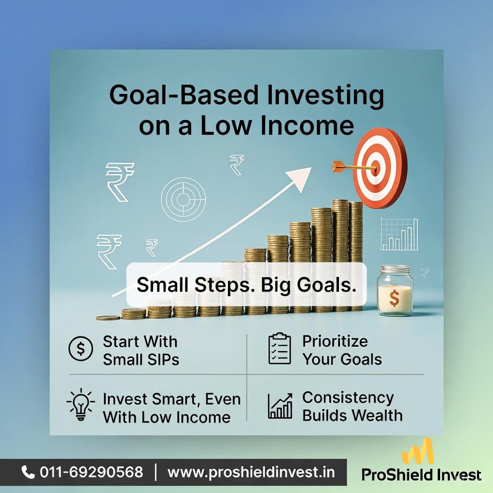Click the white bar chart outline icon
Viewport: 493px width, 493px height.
(399, 234)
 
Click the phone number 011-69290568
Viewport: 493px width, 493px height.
(91, 472)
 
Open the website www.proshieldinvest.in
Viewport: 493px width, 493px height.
(251, 472)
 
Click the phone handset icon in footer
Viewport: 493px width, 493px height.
(28, 472)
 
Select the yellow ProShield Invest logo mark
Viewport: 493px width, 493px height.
(418, 452)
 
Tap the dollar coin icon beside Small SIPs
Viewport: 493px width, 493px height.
(81, 349)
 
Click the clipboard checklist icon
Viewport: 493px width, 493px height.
(279, 349)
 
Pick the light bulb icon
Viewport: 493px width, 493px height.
(81, 405)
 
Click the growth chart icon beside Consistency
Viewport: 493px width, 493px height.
(280, 406)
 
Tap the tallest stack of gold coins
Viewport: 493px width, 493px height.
(340, 256)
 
